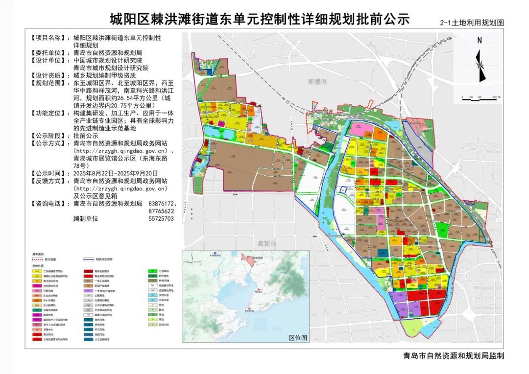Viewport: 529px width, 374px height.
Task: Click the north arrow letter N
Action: tap(480, 41)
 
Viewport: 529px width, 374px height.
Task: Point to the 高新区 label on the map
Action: tap(267, 243)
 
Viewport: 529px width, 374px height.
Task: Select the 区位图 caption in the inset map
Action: tap(297, 338)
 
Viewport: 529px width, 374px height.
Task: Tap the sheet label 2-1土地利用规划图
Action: tap(472, 23)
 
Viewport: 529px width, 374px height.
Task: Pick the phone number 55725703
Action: tap(161, 218)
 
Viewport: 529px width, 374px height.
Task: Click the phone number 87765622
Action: tap(161, 210)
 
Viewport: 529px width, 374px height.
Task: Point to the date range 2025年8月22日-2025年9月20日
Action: tap(116, 173)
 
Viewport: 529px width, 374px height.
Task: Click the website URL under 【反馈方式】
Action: tap(120, 188)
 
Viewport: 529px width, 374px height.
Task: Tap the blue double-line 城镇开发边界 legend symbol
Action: tap(89, 259)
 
